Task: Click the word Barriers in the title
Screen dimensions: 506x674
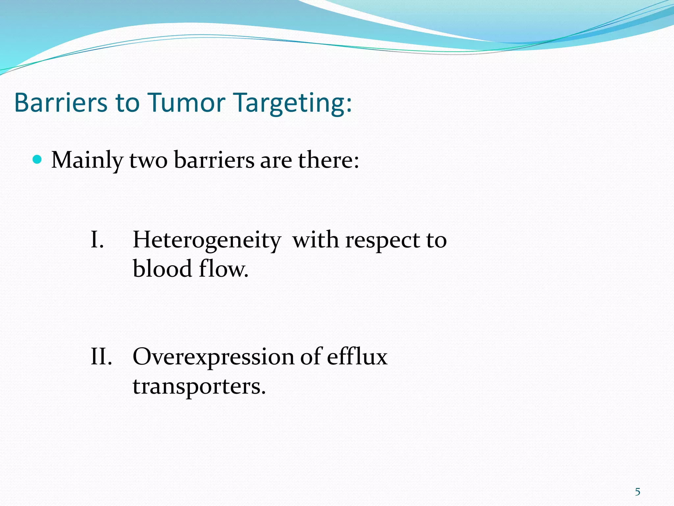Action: tap(61, 102)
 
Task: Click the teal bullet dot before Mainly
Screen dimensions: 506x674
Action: tap(38, 160)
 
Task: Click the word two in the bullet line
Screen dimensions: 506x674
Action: tap(148, 161)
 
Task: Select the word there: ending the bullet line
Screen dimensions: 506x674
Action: tap(328, 160)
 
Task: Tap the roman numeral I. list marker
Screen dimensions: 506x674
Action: tap(97, 239)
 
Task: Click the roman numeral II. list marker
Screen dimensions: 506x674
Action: tap(101, 356)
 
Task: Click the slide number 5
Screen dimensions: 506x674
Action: tap(637, 492)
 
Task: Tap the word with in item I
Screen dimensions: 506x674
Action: tap(316, 239)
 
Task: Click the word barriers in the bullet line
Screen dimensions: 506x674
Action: tap(214, 160)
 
